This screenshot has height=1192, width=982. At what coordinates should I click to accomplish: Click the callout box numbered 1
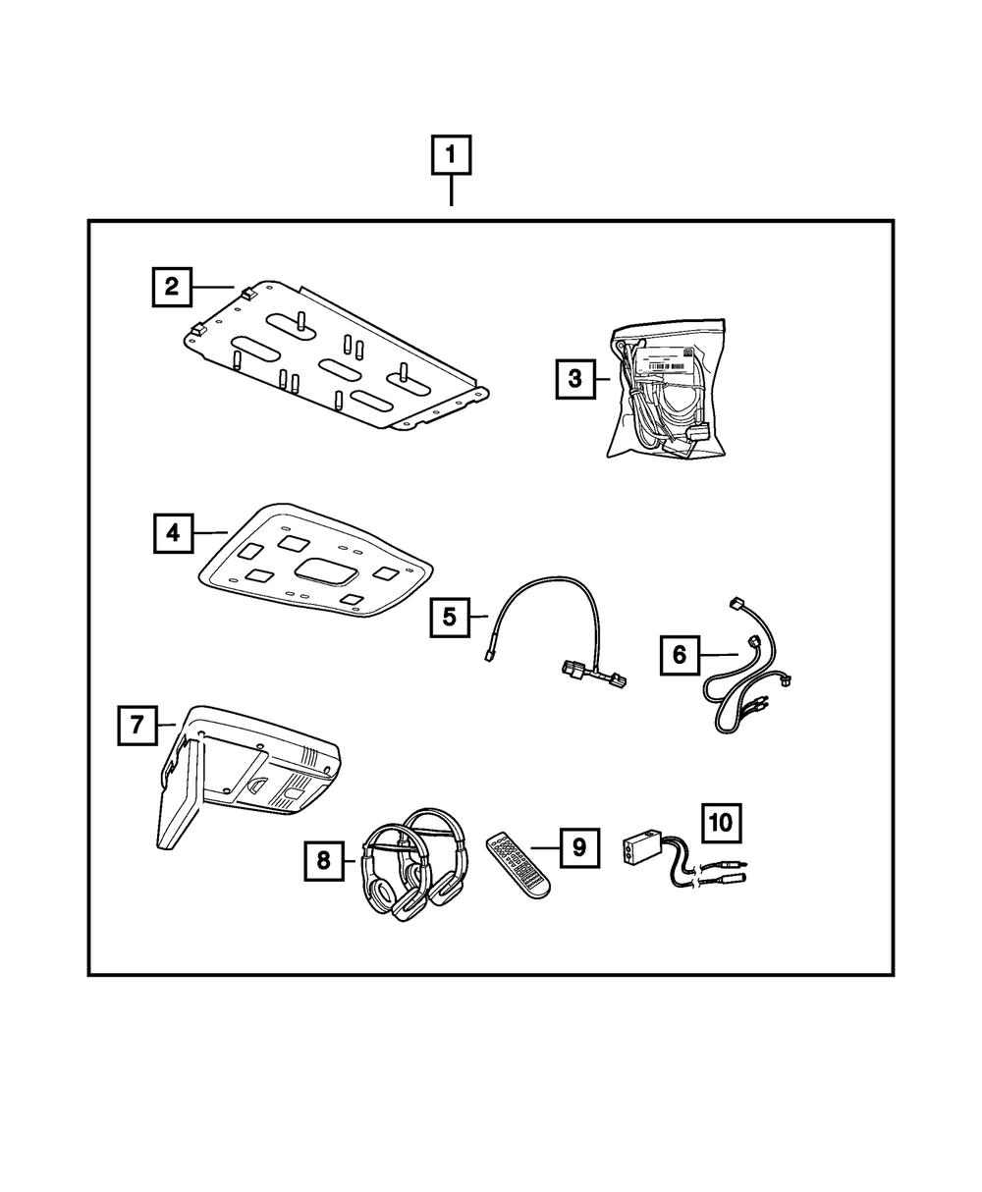(x=451, y=155)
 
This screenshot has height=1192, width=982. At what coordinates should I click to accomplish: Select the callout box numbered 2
(x=172, y=287)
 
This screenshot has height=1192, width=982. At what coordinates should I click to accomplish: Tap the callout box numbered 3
(x=575, y=376)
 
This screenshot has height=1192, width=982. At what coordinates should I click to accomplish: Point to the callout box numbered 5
(x=449, y=617)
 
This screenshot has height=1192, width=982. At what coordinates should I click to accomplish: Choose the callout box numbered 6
(x=680, y=654)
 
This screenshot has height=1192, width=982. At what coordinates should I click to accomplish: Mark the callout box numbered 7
(x=136, y=726)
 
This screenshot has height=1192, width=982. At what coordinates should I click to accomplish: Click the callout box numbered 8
(x=324, y=861)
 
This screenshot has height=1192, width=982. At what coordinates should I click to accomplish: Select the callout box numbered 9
(x=579, y=846)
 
